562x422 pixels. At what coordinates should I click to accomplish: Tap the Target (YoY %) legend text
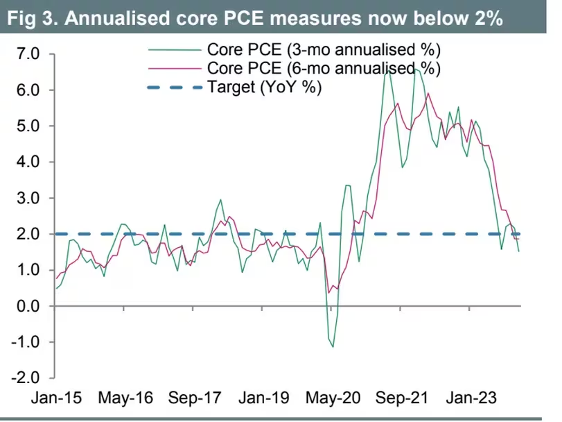tap(264, 87)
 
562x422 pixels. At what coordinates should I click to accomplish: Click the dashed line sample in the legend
tap(177, 87)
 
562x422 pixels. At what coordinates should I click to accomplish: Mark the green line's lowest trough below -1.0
tap(333, 346)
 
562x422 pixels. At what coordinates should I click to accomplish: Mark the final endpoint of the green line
tap(519, 251)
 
